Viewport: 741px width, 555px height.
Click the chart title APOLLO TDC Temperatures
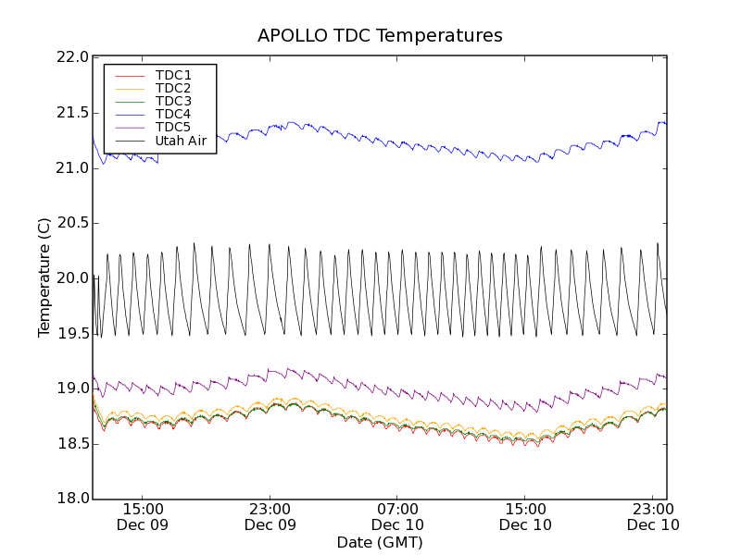380,36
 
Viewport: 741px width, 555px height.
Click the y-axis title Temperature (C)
44,277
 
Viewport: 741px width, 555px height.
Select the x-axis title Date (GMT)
380,542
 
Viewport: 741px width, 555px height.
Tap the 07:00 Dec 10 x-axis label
397,517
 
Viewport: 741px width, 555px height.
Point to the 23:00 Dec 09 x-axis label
270,517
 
